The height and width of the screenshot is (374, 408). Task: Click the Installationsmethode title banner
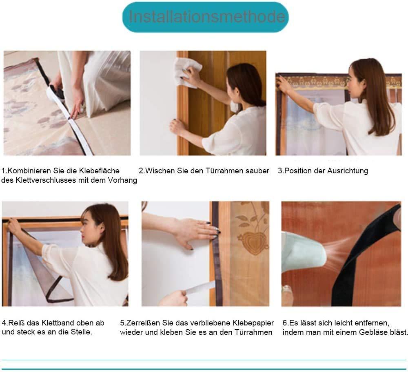click(205, 17)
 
